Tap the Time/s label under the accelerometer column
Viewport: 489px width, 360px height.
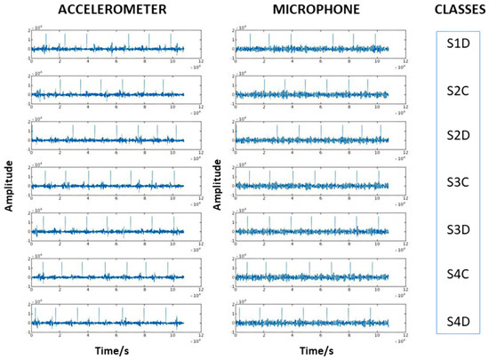click(107, 351)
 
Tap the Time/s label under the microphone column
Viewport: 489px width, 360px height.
click(311, 351)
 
